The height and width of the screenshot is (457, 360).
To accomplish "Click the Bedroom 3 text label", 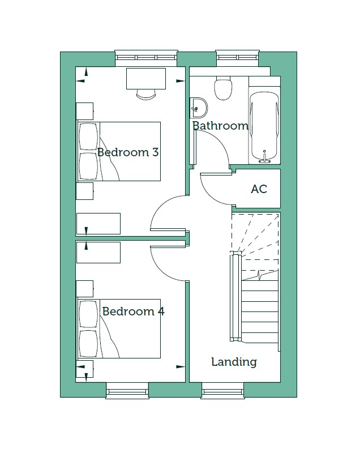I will (x=127, y=152).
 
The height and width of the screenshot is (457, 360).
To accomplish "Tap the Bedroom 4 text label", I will (x=133, y=311).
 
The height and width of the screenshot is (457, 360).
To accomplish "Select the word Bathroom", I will (x=220, y=126).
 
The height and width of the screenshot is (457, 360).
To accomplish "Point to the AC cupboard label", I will (x=259, y=189).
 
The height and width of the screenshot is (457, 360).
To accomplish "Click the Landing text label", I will (x=234, y=362).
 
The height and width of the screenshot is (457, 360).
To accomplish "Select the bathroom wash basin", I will (x=199, y=105).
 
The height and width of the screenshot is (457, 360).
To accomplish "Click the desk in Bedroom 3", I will (x=146, y=78).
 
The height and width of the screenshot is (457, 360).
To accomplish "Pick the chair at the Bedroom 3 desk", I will (x=146, y=94).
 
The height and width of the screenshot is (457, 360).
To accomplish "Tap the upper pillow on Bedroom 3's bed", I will (x=88, y=136).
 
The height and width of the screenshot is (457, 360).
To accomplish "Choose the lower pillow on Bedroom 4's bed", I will (x=88, y=343).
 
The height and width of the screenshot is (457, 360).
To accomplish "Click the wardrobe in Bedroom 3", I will (x=98, y=223).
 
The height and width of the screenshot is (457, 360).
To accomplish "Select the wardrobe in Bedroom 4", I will (x=98, y=253).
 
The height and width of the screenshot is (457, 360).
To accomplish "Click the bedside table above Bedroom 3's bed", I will (x=85, y=110).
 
